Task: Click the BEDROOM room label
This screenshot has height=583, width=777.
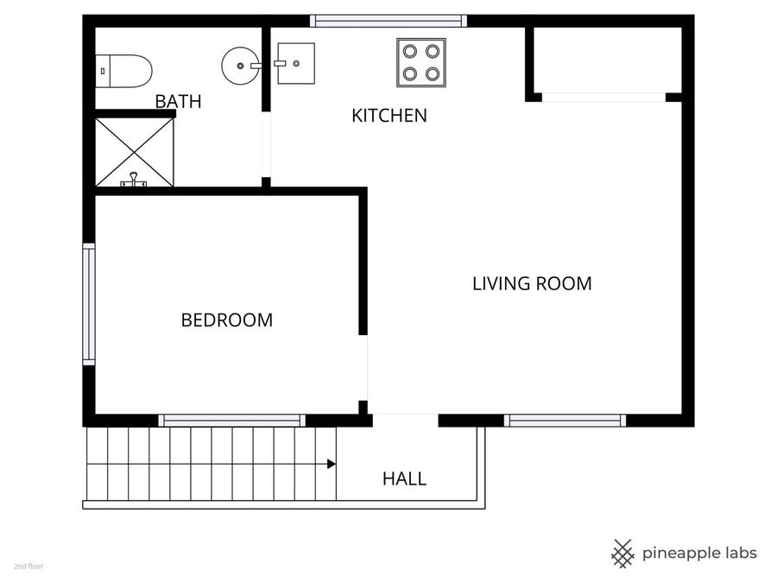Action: coord(226,320)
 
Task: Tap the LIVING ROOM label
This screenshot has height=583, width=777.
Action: coord(532,283)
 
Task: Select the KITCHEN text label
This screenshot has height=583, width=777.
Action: coord(388,116)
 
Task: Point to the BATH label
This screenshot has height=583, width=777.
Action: coord(178,101)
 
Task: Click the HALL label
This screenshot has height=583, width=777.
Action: coord(404,478)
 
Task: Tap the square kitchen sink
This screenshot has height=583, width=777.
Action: coord(296,63)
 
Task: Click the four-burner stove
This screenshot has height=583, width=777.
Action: coord(421,62)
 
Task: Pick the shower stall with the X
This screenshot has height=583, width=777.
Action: coord(134,152)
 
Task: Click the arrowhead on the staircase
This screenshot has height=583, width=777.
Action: coord(332,465)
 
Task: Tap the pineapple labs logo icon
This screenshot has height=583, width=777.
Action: coord(622,553)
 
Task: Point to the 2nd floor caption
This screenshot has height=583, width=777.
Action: coord(28,567)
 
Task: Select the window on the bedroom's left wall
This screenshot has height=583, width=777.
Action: coord(88,303)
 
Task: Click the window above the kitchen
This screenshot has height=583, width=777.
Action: coord(388,21)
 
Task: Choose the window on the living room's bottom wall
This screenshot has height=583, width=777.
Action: coord(565,421)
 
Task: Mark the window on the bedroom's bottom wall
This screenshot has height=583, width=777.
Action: coord(231,421)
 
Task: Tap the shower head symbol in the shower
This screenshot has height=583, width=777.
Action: coord(133,180)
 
